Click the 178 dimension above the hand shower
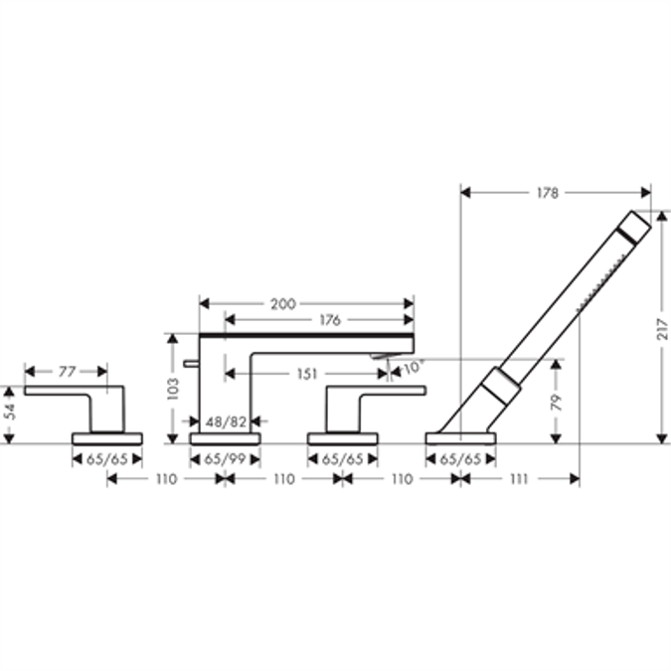point(547,192)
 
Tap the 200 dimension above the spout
point(283,303)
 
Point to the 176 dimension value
point(330,320)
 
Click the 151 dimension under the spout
point(306,374)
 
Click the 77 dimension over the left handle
point(66,372)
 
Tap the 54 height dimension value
point(11,412)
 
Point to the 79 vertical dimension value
point(557,403)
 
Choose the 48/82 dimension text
point(226,421)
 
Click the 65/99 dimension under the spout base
point(225,458)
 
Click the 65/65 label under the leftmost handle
point(107,458)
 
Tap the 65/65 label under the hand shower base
point(460,458)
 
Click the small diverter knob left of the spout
point(186,365)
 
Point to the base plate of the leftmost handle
point(107,437)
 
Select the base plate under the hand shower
point(460,437)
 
